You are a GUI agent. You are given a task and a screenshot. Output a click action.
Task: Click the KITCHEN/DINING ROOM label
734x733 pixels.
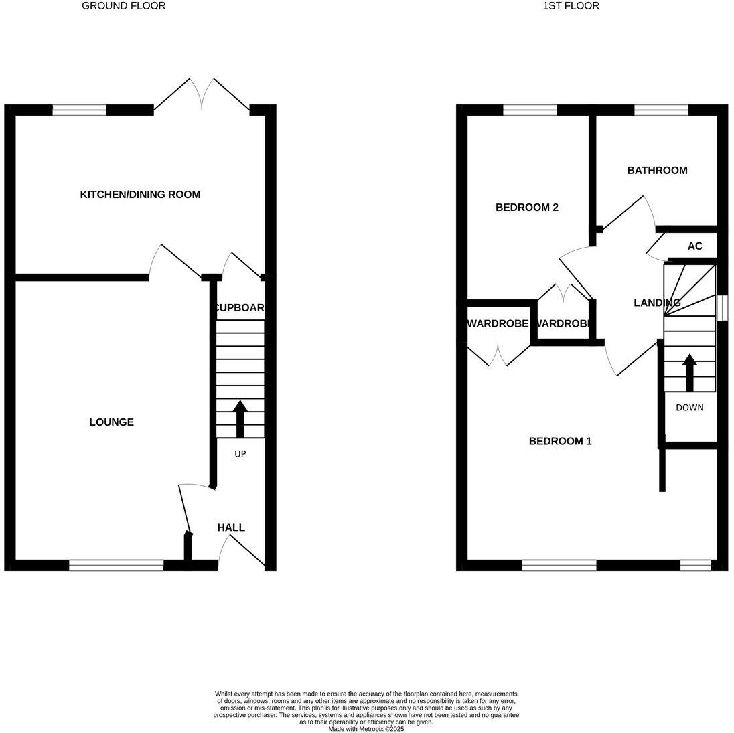tap(140, 195)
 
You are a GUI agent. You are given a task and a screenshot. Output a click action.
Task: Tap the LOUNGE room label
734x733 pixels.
tap(111, 422)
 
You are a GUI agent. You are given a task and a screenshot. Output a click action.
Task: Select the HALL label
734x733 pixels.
tap(231, 527)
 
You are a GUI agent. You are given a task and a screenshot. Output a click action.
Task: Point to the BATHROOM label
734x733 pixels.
tap(657, 171)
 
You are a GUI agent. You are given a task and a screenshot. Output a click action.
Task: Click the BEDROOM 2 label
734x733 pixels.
tap(527, 208)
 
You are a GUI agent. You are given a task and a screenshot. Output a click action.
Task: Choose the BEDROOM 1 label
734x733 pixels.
tap(561, 441)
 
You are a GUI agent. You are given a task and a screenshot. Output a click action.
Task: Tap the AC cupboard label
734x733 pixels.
tap(695, 246)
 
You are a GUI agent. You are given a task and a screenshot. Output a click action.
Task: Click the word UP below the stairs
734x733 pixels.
tap(240, 454)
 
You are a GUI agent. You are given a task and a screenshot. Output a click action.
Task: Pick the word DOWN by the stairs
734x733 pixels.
tap(689, 407)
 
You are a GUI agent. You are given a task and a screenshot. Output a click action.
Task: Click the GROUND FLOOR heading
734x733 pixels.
tap(123, 6)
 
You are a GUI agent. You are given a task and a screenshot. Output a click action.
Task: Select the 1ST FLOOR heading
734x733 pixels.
tap(571, 6)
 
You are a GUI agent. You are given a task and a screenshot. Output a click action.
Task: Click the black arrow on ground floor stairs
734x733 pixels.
tap(240, 418)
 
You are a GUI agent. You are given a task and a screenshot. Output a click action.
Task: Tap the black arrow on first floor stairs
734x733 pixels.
tap(689, 372)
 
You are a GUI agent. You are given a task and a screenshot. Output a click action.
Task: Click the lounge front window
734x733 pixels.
tap(116, 566)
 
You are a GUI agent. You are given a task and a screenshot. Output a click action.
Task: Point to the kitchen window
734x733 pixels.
tap(80, 110)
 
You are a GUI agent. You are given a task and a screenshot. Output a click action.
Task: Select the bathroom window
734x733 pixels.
tap(661, 110)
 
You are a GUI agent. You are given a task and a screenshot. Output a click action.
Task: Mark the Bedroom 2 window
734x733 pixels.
tap(530, 110)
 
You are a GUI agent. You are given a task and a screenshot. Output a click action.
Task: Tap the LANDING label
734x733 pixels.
tap(657, 303)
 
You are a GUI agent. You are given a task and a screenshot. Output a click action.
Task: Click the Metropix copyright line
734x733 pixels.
tap(366, 729)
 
